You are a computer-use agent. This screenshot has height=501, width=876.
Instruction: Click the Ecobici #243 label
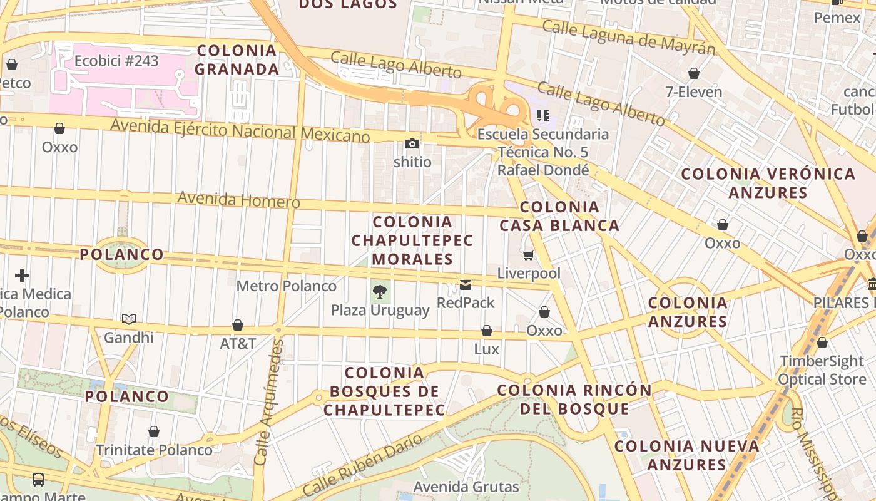point(116,61)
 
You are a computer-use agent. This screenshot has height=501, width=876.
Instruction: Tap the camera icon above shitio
point(412,144)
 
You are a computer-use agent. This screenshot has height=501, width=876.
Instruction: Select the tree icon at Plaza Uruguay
point(379,291)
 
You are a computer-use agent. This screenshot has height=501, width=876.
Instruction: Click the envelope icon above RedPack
point(466,285)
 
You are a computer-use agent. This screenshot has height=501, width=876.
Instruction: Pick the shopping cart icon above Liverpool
point(529,255)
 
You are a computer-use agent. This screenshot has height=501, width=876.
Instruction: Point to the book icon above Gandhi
point(129,319)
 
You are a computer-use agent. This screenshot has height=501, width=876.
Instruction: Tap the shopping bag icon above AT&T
point(238,325)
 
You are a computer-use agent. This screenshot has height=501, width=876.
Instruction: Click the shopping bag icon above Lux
point(487,331)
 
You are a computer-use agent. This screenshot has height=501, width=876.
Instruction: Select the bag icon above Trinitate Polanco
point(154,431)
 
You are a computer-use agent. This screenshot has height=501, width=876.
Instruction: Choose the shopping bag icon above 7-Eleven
point(693,73)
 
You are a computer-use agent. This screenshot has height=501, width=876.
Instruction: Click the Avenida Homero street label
point(238,200)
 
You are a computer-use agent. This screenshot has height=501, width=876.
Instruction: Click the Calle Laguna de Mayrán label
point(628,36)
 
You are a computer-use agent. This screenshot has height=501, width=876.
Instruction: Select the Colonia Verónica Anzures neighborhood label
point(768,183)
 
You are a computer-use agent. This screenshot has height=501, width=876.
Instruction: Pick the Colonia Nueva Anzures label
point(686,455)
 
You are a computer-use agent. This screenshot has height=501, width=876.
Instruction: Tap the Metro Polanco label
point(286,286)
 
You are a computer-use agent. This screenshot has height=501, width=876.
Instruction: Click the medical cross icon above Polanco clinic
point(22,276)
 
